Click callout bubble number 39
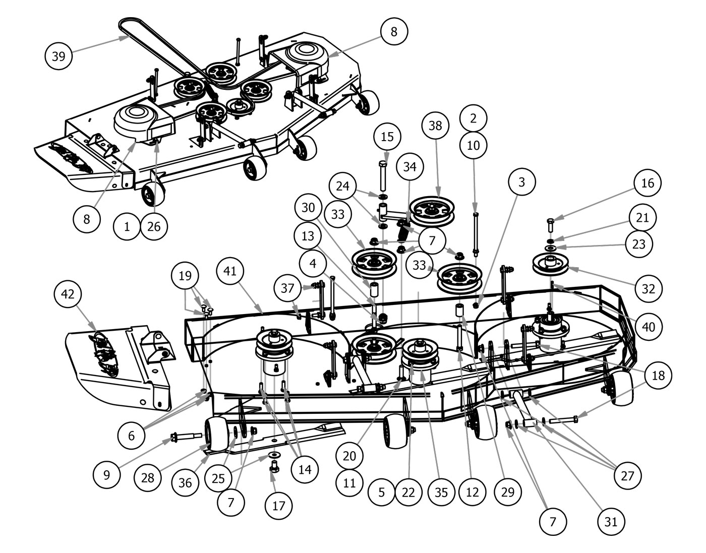58,56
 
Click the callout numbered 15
387,137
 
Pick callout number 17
278,506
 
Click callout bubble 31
611,521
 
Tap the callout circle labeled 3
521,182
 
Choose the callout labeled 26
154,226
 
